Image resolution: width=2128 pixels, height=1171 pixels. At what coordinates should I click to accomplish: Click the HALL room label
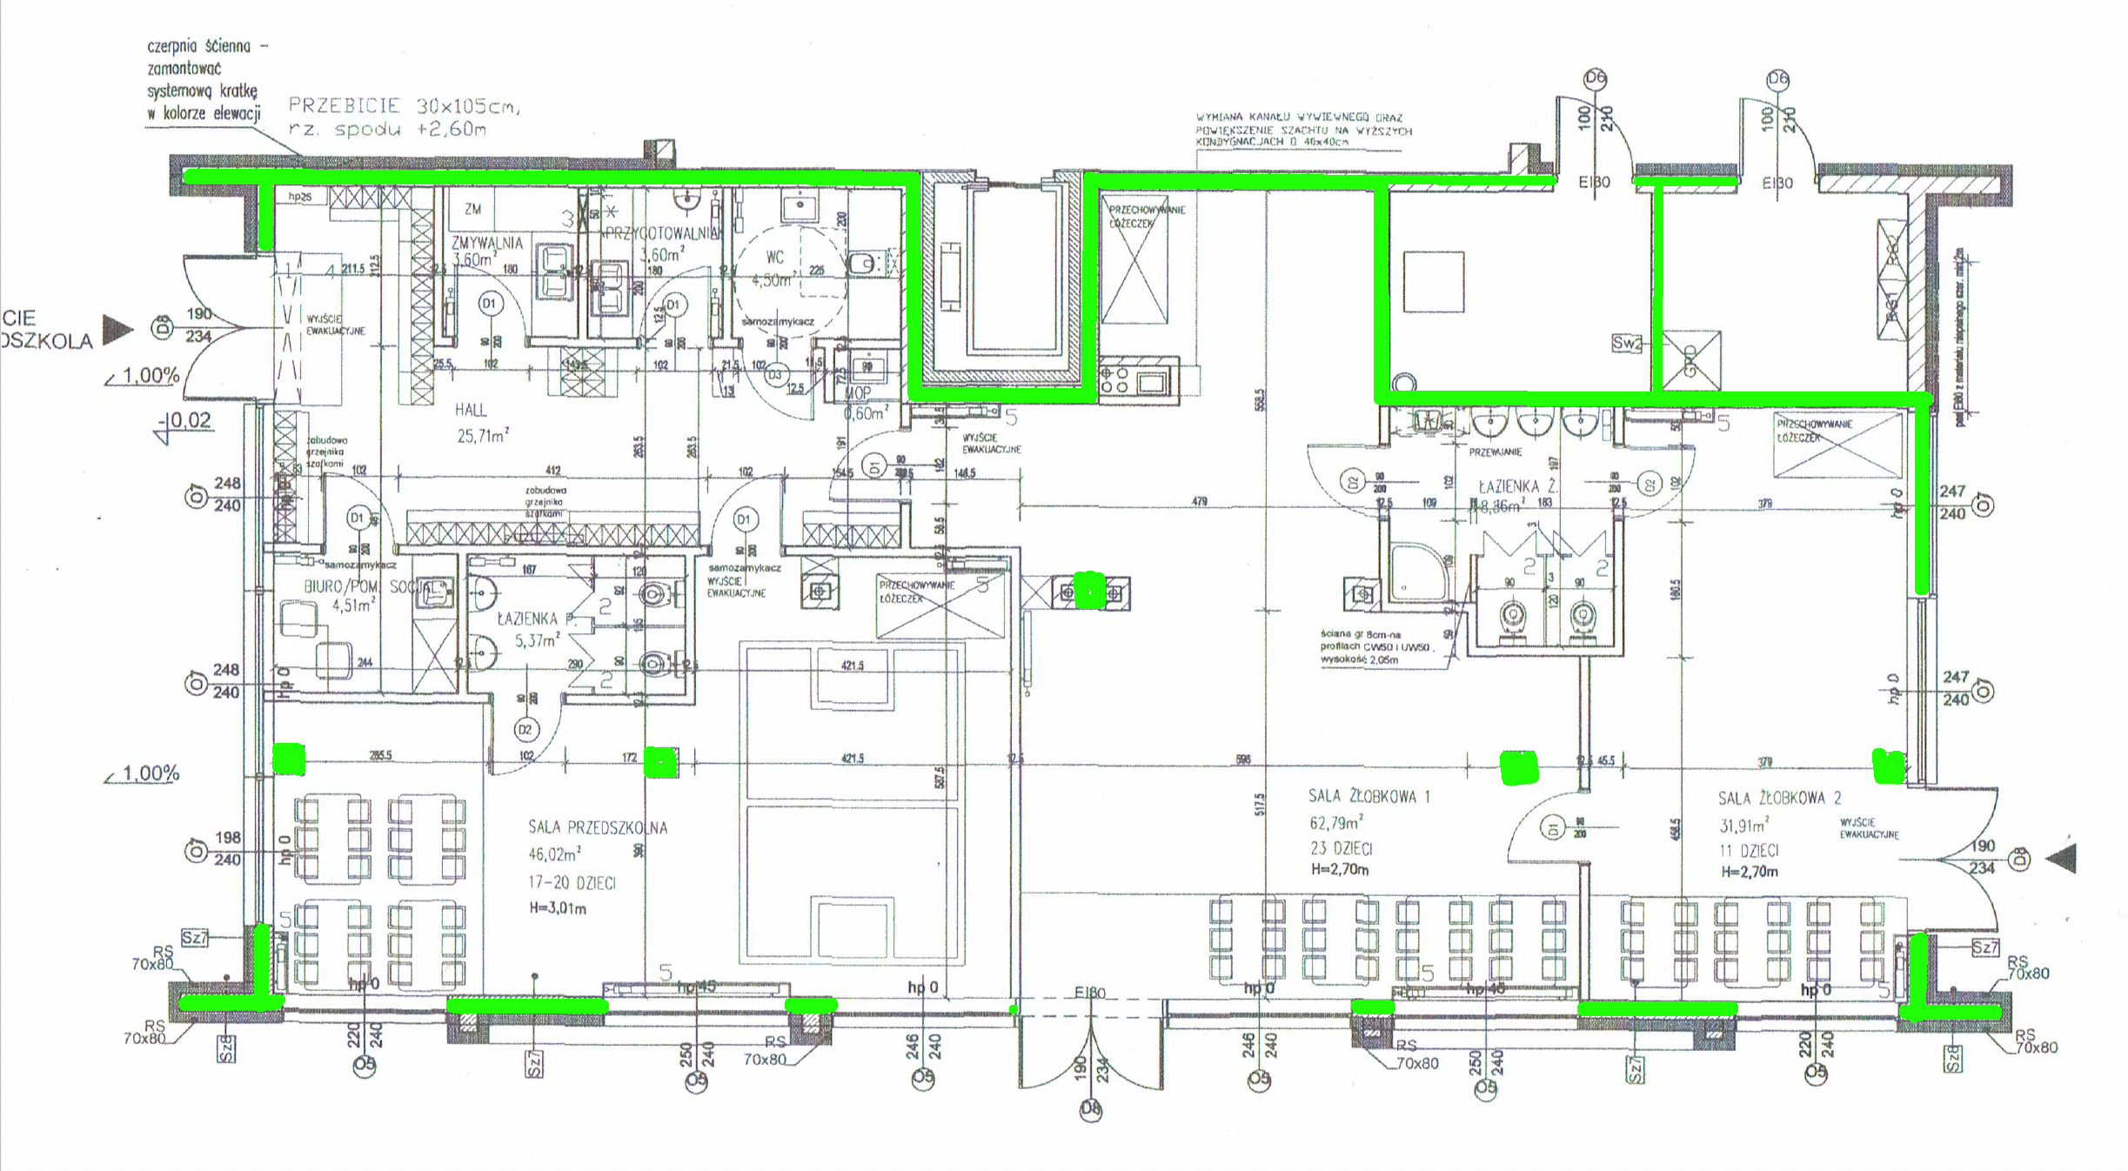click(x=471, y=410)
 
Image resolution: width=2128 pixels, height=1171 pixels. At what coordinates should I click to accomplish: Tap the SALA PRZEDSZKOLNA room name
click(x=598, y=827)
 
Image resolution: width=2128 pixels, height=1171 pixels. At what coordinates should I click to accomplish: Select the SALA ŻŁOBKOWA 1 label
click(x=1368, y=796)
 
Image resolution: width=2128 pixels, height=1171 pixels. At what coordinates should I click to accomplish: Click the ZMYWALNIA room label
click(x=486, y=243)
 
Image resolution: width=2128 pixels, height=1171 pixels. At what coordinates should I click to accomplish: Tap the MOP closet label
click(x=857, y=394)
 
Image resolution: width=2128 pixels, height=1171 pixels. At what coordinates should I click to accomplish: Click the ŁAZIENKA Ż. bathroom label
click(x=1517, y=486)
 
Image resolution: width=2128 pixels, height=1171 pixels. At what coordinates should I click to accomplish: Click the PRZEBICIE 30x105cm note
click(x=405, y=106)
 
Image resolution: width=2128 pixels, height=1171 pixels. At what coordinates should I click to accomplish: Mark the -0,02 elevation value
click(x=188, y=420)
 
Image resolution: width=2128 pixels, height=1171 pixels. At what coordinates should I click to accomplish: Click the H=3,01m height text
click(x=558, y=908)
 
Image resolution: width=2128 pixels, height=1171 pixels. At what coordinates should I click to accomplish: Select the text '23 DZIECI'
click(x=1342, y=848)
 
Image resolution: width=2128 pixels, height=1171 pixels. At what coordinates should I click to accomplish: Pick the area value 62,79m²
click(x=1335, y=822)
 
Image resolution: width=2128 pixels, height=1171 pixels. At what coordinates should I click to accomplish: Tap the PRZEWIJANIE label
click(x=1496, y=452)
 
